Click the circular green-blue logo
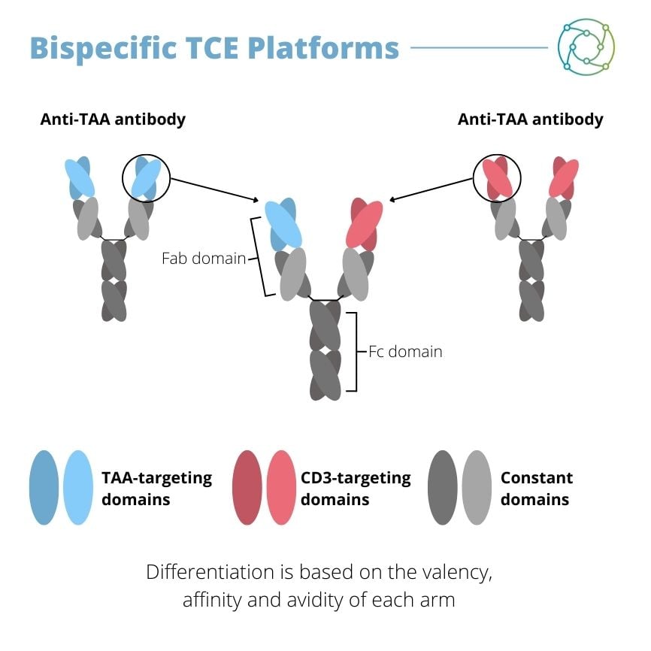(586, 47)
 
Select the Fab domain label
(204, 259)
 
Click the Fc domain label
(404, 351)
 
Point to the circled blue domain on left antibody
(147, 179)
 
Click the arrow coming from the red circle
(431, 190)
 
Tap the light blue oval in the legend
(78, 487)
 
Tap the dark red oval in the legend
(247, 487)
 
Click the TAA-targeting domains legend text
(156, 488)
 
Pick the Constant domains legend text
(536, 488)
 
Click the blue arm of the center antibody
(283, 224)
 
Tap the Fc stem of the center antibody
(325, 350)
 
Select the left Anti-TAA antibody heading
(113, 119)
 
